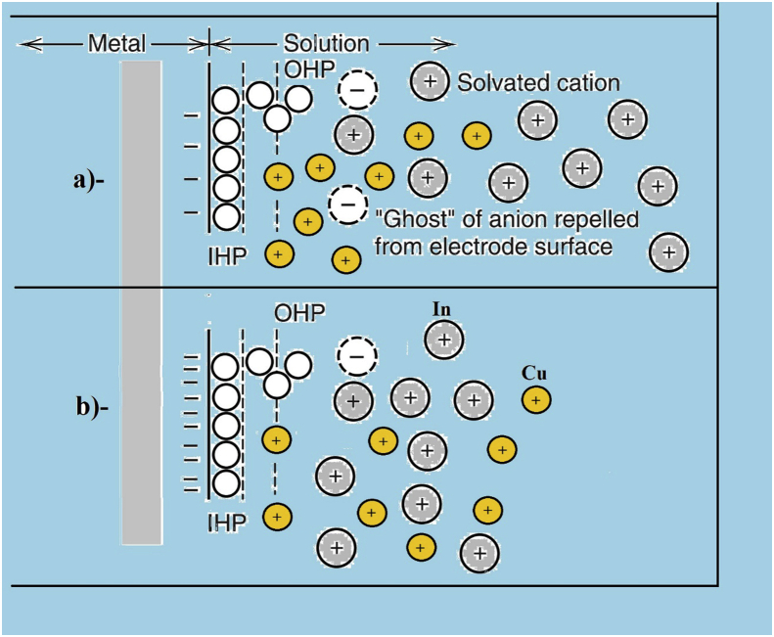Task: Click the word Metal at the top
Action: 116,44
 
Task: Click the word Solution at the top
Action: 326,44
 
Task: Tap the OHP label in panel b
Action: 299,312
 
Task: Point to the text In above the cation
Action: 442,310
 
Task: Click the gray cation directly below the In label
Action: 443,340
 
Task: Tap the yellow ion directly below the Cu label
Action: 535,399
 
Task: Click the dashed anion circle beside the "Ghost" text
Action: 347,205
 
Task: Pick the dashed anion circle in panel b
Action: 355,357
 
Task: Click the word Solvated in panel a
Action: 497,82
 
